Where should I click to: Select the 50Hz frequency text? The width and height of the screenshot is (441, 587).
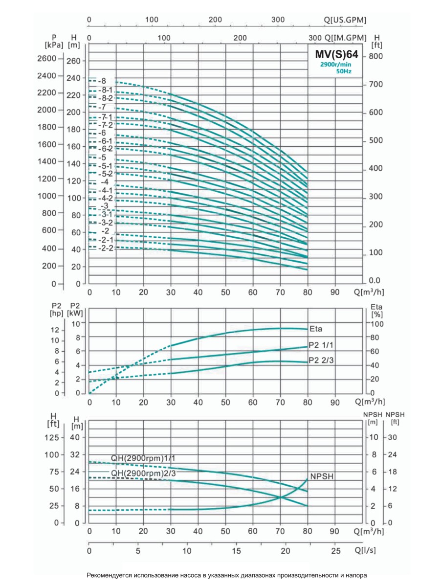344,71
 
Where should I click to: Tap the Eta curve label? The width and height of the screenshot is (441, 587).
316,329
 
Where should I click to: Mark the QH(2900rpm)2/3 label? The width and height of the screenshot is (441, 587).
143,473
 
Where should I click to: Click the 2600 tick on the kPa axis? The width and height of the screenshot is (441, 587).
47,59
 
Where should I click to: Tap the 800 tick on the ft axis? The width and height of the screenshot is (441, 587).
375,57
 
